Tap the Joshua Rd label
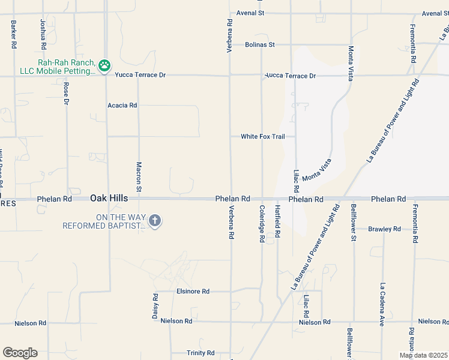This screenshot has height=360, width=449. [x=43, y=34]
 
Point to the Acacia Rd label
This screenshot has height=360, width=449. [x=122, y=105]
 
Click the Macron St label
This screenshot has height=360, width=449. [x=139, y=177]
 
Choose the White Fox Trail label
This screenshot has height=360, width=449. [x=263, y=137]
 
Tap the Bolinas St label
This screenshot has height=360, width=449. [x=260, y=44]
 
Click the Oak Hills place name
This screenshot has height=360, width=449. [x=109, y=197]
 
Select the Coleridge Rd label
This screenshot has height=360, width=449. [x=262, y=223]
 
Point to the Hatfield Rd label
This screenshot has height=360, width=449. [x=277, y=222]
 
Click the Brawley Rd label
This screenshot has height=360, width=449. [x=384, y=229]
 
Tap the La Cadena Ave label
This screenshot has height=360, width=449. [x=382, y=304]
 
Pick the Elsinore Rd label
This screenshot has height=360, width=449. [x=193, y=292]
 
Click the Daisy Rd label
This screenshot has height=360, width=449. [x=155, y=305]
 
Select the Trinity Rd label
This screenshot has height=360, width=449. [x=200, y=353]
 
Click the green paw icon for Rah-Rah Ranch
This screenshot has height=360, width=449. [x=104, y=65]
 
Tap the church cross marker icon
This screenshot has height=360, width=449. [x=154, y=221]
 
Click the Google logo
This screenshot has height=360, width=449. [x=20, y=353]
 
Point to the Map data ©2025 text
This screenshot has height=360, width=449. [x=424, y=355]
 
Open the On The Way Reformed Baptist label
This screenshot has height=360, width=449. [x=104, y=221]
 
